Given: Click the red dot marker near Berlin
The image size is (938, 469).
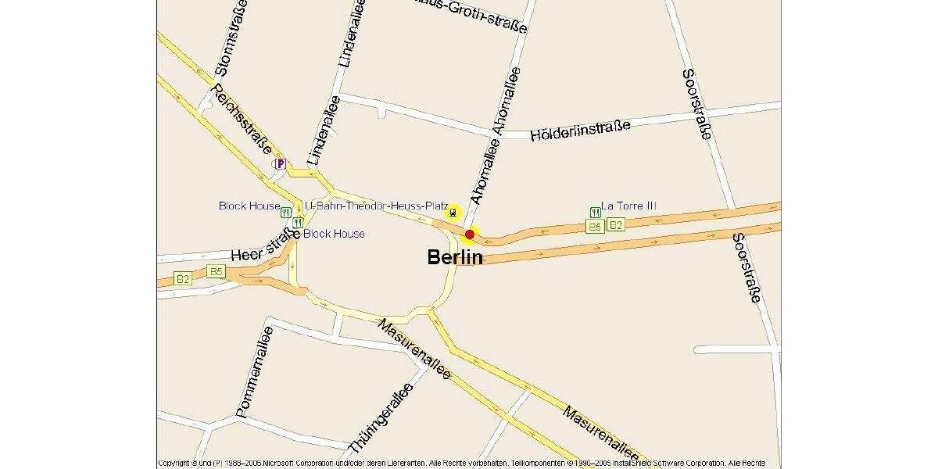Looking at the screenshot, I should click(470, 234).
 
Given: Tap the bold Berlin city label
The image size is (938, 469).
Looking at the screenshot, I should click(455, 257).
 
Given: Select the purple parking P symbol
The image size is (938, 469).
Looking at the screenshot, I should click(279, 163).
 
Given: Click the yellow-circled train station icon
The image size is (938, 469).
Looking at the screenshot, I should click(453, 212).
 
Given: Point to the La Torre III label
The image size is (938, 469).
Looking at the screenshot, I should click(628, 206).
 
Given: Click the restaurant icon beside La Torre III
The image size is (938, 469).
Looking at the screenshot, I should click(596, 212).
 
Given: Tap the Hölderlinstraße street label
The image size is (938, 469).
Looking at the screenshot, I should click(580, 129).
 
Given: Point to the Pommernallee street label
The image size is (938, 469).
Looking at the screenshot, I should click(255, 371).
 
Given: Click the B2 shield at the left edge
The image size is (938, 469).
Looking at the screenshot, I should click(182, 278).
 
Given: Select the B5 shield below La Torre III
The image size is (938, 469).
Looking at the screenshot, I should click(596, 227).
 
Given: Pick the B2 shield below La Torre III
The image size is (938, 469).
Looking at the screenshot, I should click(616, 225).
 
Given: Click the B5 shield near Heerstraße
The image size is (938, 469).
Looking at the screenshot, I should click(217, 272).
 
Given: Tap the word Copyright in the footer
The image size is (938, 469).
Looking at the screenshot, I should click(177, 464).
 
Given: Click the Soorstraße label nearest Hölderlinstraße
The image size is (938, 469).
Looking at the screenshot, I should click(696, 104).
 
